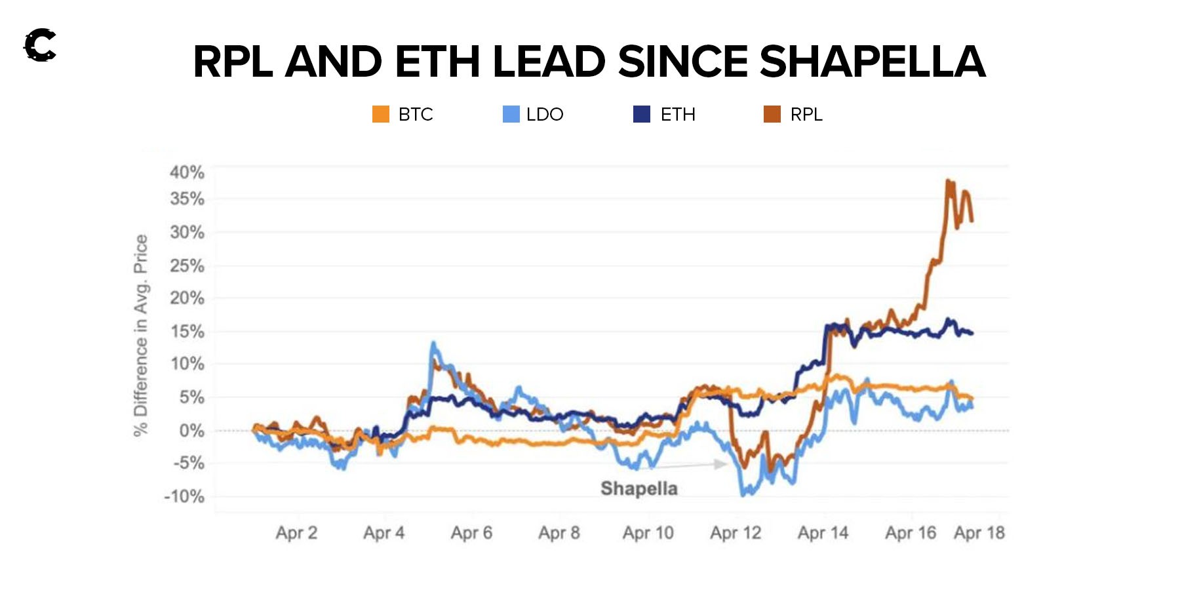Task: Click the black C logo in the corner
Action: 40,45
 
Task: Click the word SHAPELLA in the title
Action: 872,62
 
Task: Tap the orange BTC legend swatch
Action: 381,114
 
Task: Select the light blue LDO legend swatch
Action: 511,114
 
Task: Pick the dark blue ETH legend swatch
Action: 642,114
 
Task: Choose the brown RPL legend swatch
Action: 772,114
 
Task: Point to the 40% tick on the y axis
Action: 187,172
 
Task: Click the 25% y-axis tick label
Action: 187,265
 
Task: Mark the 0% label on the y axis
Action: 191,431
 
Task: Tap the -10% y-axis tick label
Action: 184,496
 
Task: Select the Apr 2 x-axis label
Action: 296,533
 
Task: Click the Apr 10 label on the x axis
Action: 648,533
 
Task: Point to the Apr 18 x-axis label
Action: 979,533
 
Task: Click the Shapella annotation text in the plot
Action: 639,488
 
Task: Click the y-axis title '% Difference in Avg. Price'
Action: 140,335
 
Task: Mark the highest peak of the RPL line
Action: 948,180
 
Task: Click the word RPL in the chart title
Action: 233,62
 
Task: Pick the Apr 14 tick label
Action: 823,533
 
